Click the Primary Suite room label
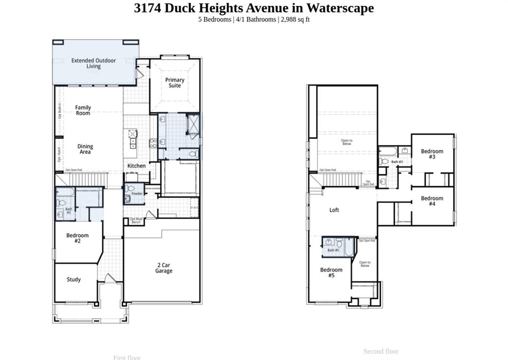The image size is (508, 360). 175,82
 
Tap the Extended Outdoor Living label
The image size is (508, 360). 93,63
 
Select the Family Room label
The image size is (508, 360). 83,110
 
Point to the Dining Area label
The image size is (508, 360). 85,149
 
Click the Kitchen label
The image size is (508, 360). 136,166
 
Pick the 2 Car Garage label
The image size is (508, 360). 164,268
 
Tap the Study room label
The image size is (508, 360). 74,280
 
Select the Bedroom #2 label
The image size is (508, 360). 77,238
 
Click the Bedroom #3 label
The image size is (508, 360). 432,154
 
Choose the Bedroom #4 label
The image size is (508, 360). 432,201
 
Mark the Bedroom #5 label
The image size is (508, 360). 331,273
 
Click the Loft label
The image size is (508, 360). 334,210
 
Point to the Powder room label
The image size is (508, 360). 137,194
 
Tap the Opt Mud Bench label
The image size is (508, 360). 136,220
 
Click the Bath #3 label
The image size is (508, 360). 397,162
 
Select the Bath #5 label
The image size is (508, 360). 333,250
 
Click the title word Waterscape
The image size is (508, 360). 340,8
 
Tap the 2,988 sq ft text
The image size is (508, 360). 295,19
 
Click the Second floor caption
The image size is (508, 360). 381,351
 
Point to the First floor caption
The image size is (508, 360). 127,357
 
